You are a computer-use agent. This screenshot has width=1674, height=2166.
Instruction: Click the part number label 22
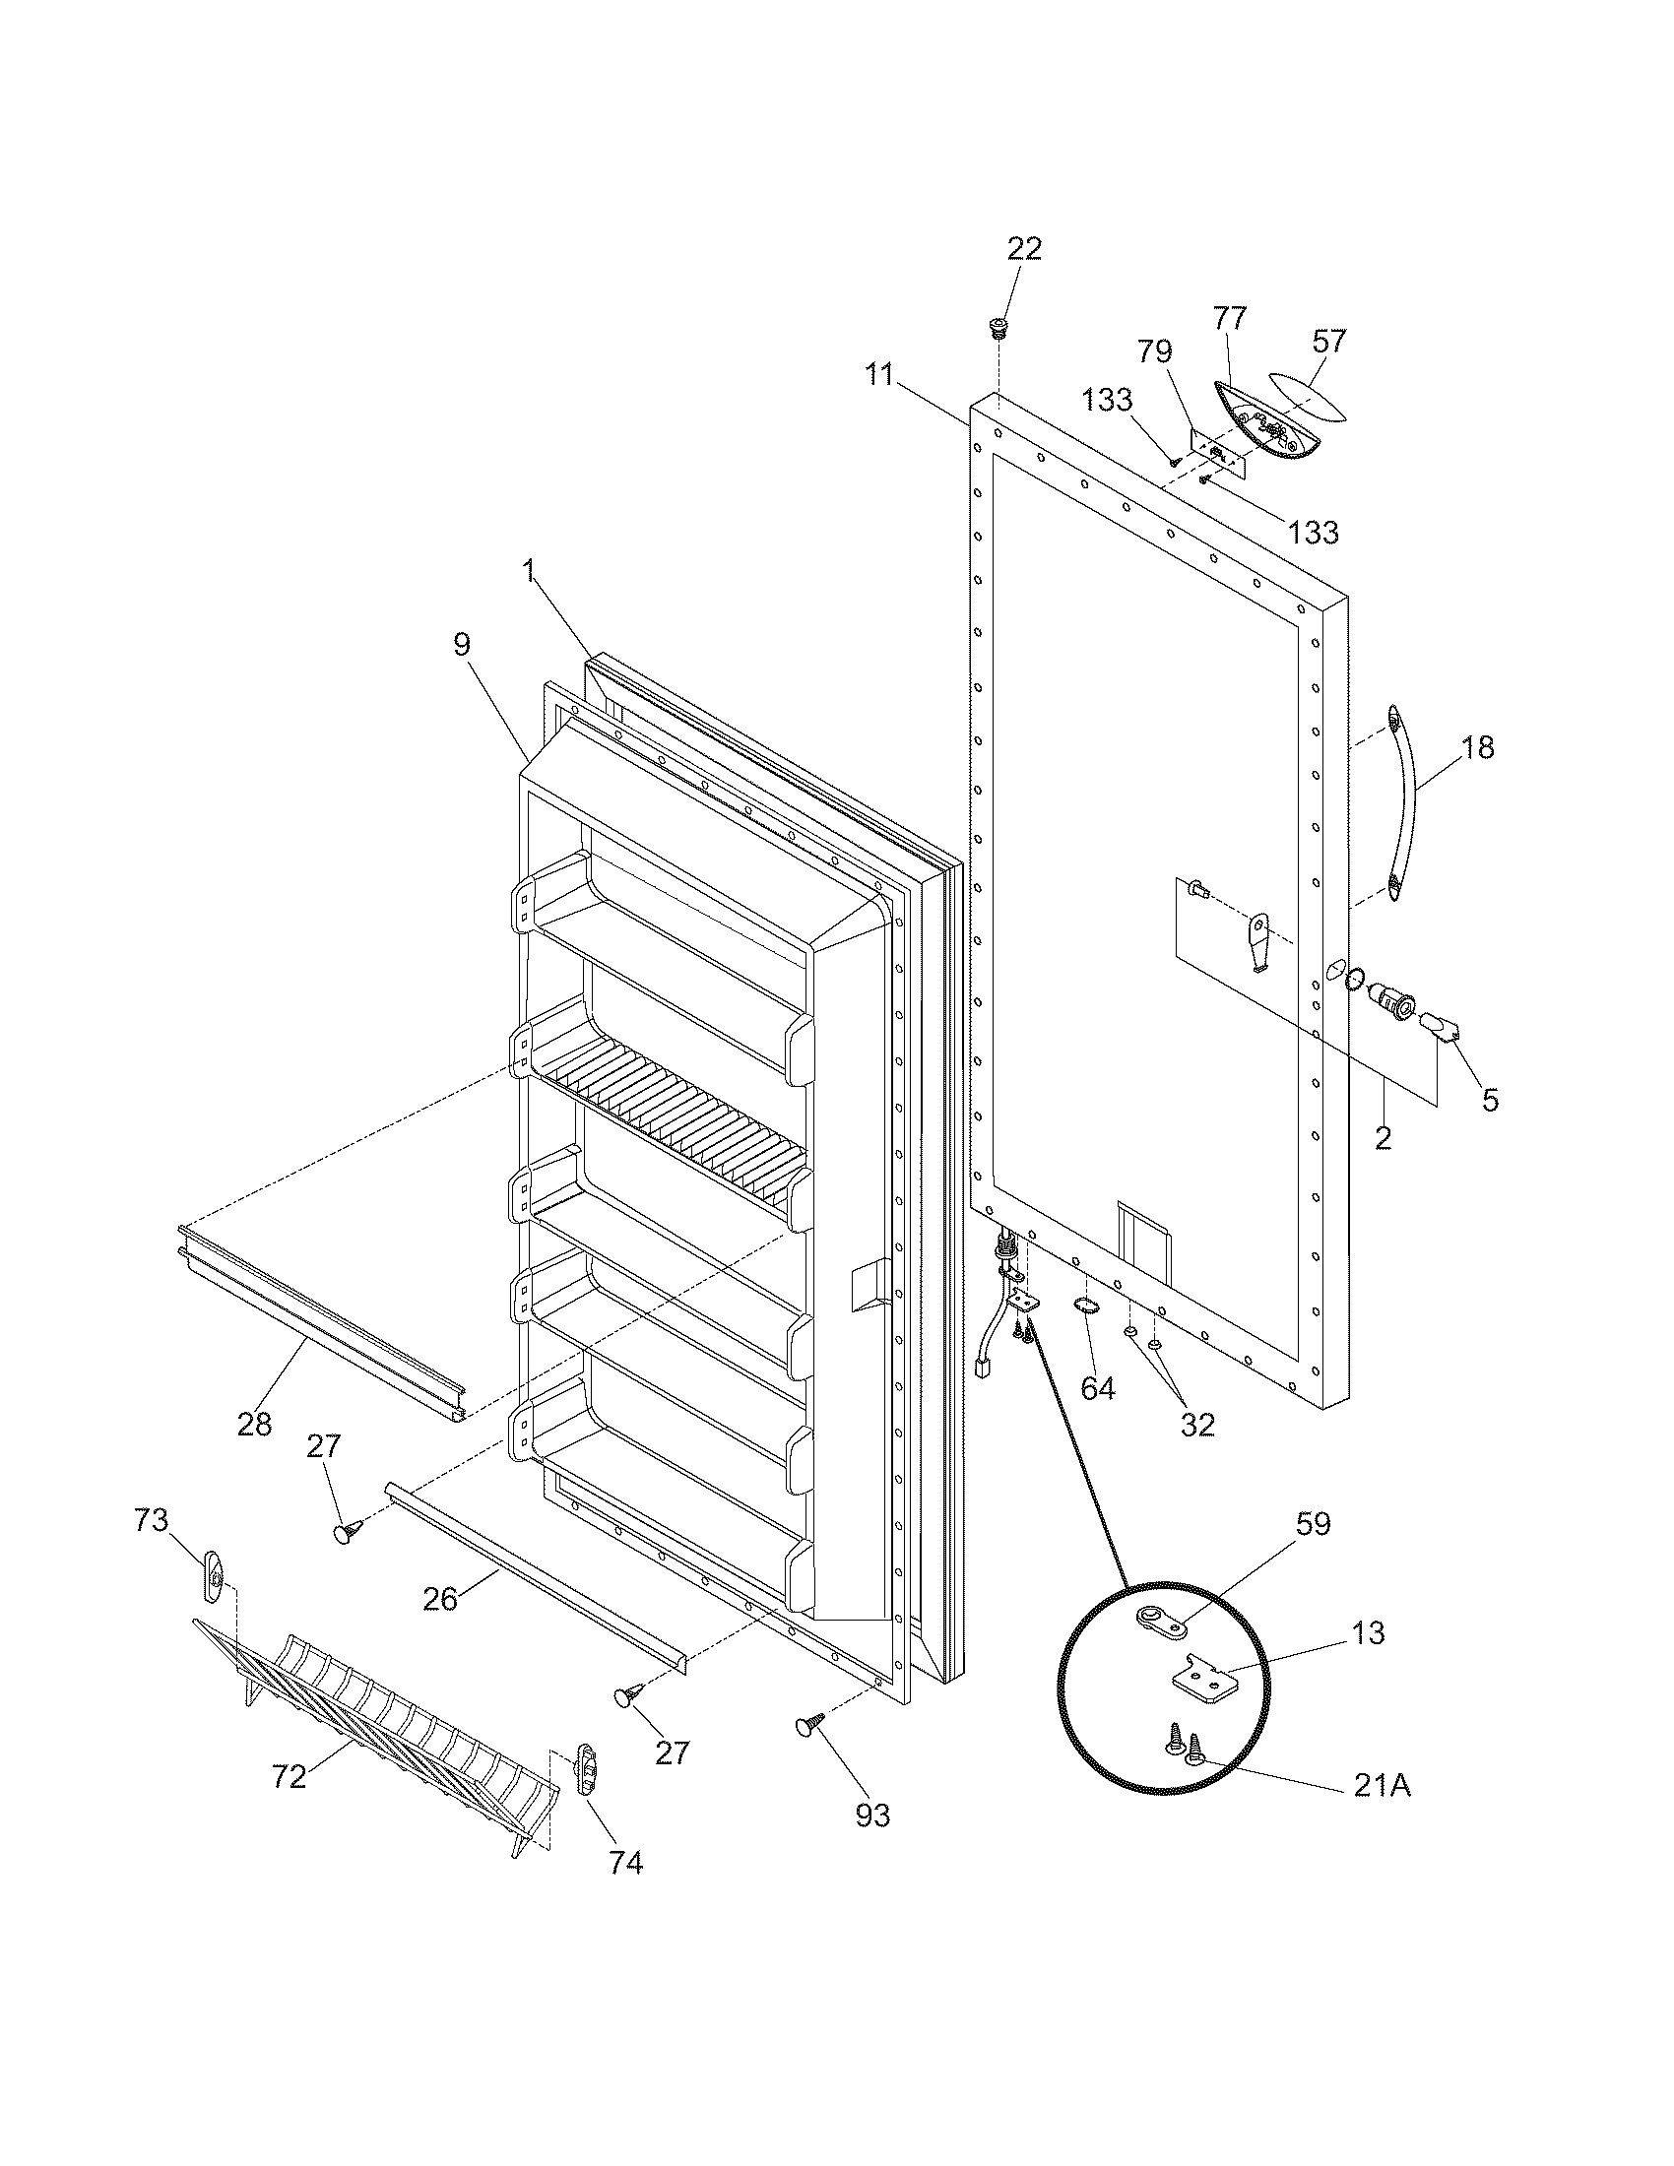tap(1024, 249)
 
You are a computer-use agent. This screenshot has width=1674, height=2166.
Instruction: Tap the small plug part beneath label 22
tap(998, 326)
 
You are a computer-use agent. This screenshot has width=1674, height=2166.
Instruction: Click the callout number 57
tap(1329, 342)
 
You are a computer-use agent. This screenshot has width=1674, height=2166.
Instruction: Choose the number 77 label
tap(1230, 319)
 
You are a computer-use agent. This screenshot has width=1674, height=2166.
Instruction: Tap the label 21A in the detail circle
tap(1382, 1786)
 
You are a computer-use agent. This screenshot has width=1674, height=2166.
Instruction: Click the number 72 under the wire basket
tap(289, 1777)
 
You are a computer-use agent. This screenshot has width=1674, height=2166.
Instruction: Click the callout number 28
tap(254, 1425)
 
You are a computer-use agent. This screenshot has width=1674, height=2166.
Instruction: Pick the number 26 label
tap(440, 1599)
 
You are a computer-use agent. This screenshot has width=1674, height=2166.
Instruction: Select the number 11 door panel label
tap(878, 376)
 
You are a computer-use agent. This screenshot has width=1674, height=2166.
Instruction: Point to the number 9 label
tap(461, 645)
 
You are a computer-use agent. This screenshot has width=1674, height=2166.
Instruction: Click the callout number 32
tap(1197, 1425)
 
